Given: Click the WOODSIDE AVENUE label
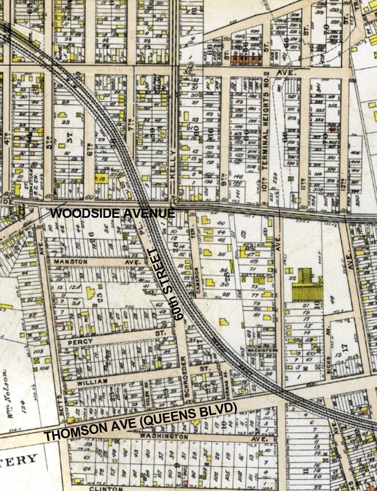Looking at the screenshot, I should click(x=112, y=213).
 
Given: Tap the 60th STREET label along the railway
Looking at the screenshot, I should click(x=168, y=284).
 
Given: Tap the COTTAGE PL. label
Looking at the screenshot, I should click(x=255, y=276).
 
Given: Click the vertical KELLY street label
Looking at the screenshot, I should click(x=173, y=162).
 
